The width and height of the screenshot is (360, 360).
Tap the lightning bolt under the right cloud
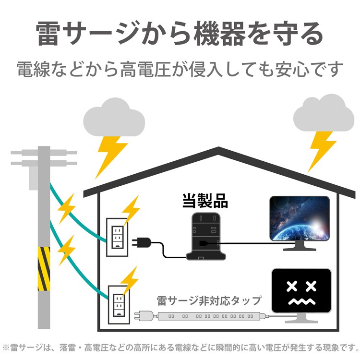pos(320,149)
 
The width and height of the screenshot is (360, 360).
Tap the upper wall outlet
pos(116,235)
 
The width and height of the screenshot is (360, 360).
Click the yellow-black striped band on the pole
pos(44,269)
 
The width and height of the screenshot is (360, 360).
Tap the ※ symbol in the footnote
pos(6,347)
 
